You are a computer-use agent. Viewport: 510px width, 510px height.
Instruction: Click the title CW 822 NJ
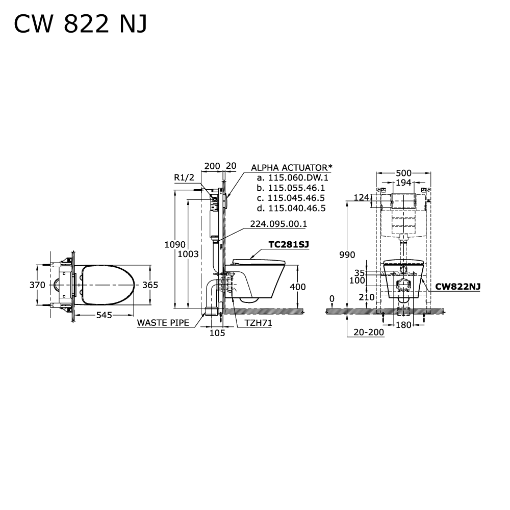(80, 24)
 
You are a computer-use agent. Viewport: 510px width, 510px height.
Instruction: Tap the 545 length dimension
(104, 315)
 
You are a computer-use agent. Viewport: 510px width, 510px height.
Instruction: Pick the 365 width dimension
(149, 285)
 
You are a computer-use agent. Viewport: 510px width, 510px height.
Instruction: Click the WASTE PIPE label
(163, 322)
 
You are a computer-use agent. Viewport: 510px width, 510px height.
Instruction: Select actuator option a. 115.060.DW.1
(292, 177)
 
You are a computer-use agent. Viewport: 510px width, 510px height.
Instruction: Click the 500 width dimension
(403, 173)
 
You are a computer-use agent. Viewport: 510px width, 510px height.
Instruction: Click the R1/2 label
(184, 177)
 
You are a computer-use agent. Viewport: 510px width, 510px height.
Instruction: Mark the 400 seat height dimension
(297, 287)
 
